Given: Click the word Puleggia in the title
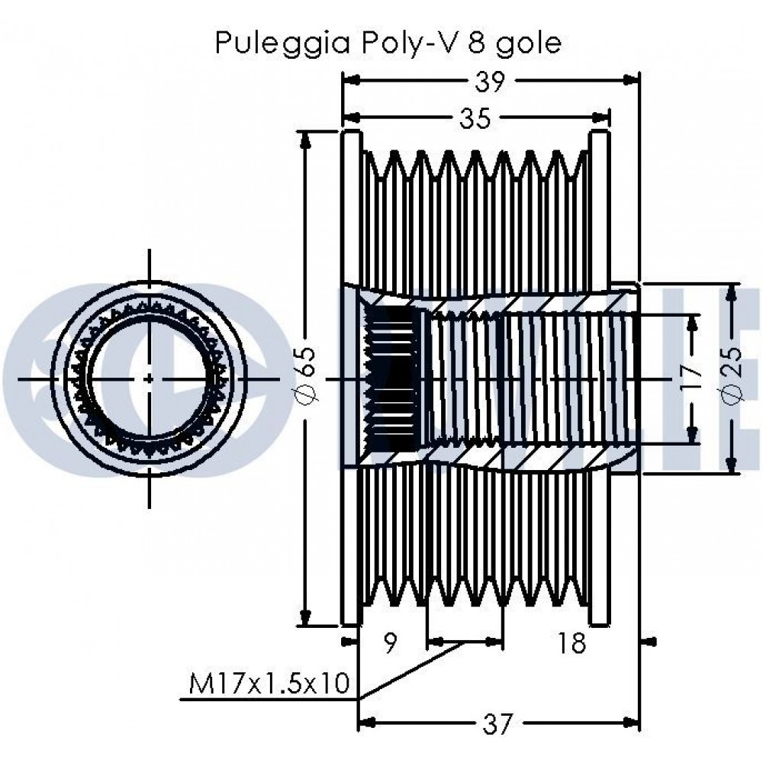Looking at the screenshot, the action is [283, 43].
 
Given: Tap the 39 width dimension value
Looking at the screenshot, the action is [490, 81].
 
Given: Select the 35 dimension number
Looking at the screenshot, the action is [475, 118].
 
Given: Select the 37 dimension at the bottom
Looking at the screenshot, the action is [498, 723].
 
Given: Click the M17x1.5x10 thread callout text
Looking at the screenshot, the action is [269, 684].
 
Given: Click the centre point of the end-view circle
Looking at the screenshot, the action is [150, 378].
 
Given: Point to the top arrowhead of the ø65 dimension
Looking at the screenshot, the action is [306, 140].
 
